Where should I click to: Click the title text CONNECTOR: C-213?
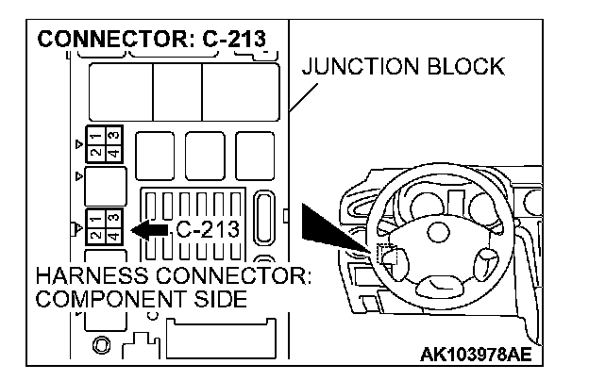tap(151, 41)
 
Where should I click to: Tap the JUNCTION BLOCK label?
tap(403, 67)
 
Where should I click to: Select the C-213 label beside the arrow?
tap(207, 229)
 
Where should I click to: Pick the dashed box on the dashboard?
tap(385, 254)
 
